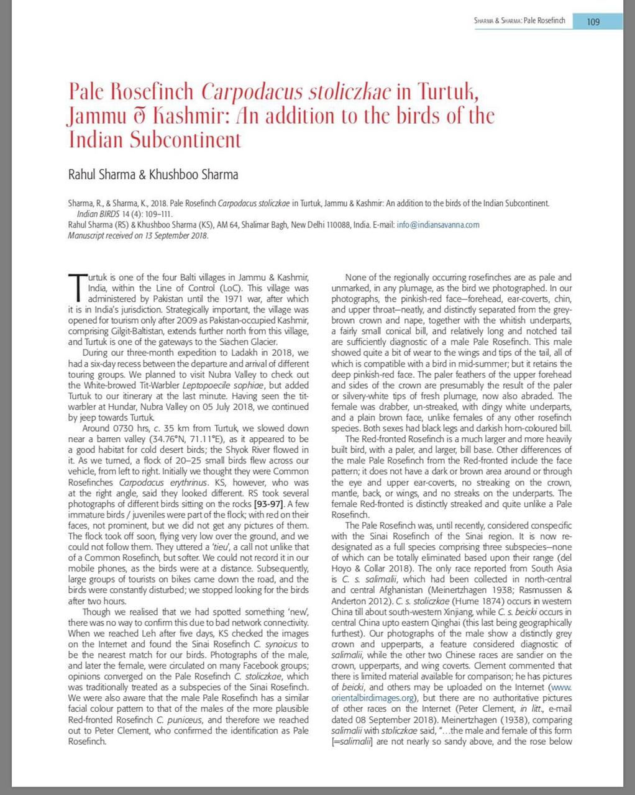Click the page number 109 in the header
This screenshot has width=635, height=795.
[593, 22]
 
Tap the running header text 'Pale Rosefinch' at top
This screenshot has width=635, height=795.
[544, 20]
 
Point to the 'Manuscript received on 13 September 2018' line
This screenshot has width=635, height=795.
[138, 235]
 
